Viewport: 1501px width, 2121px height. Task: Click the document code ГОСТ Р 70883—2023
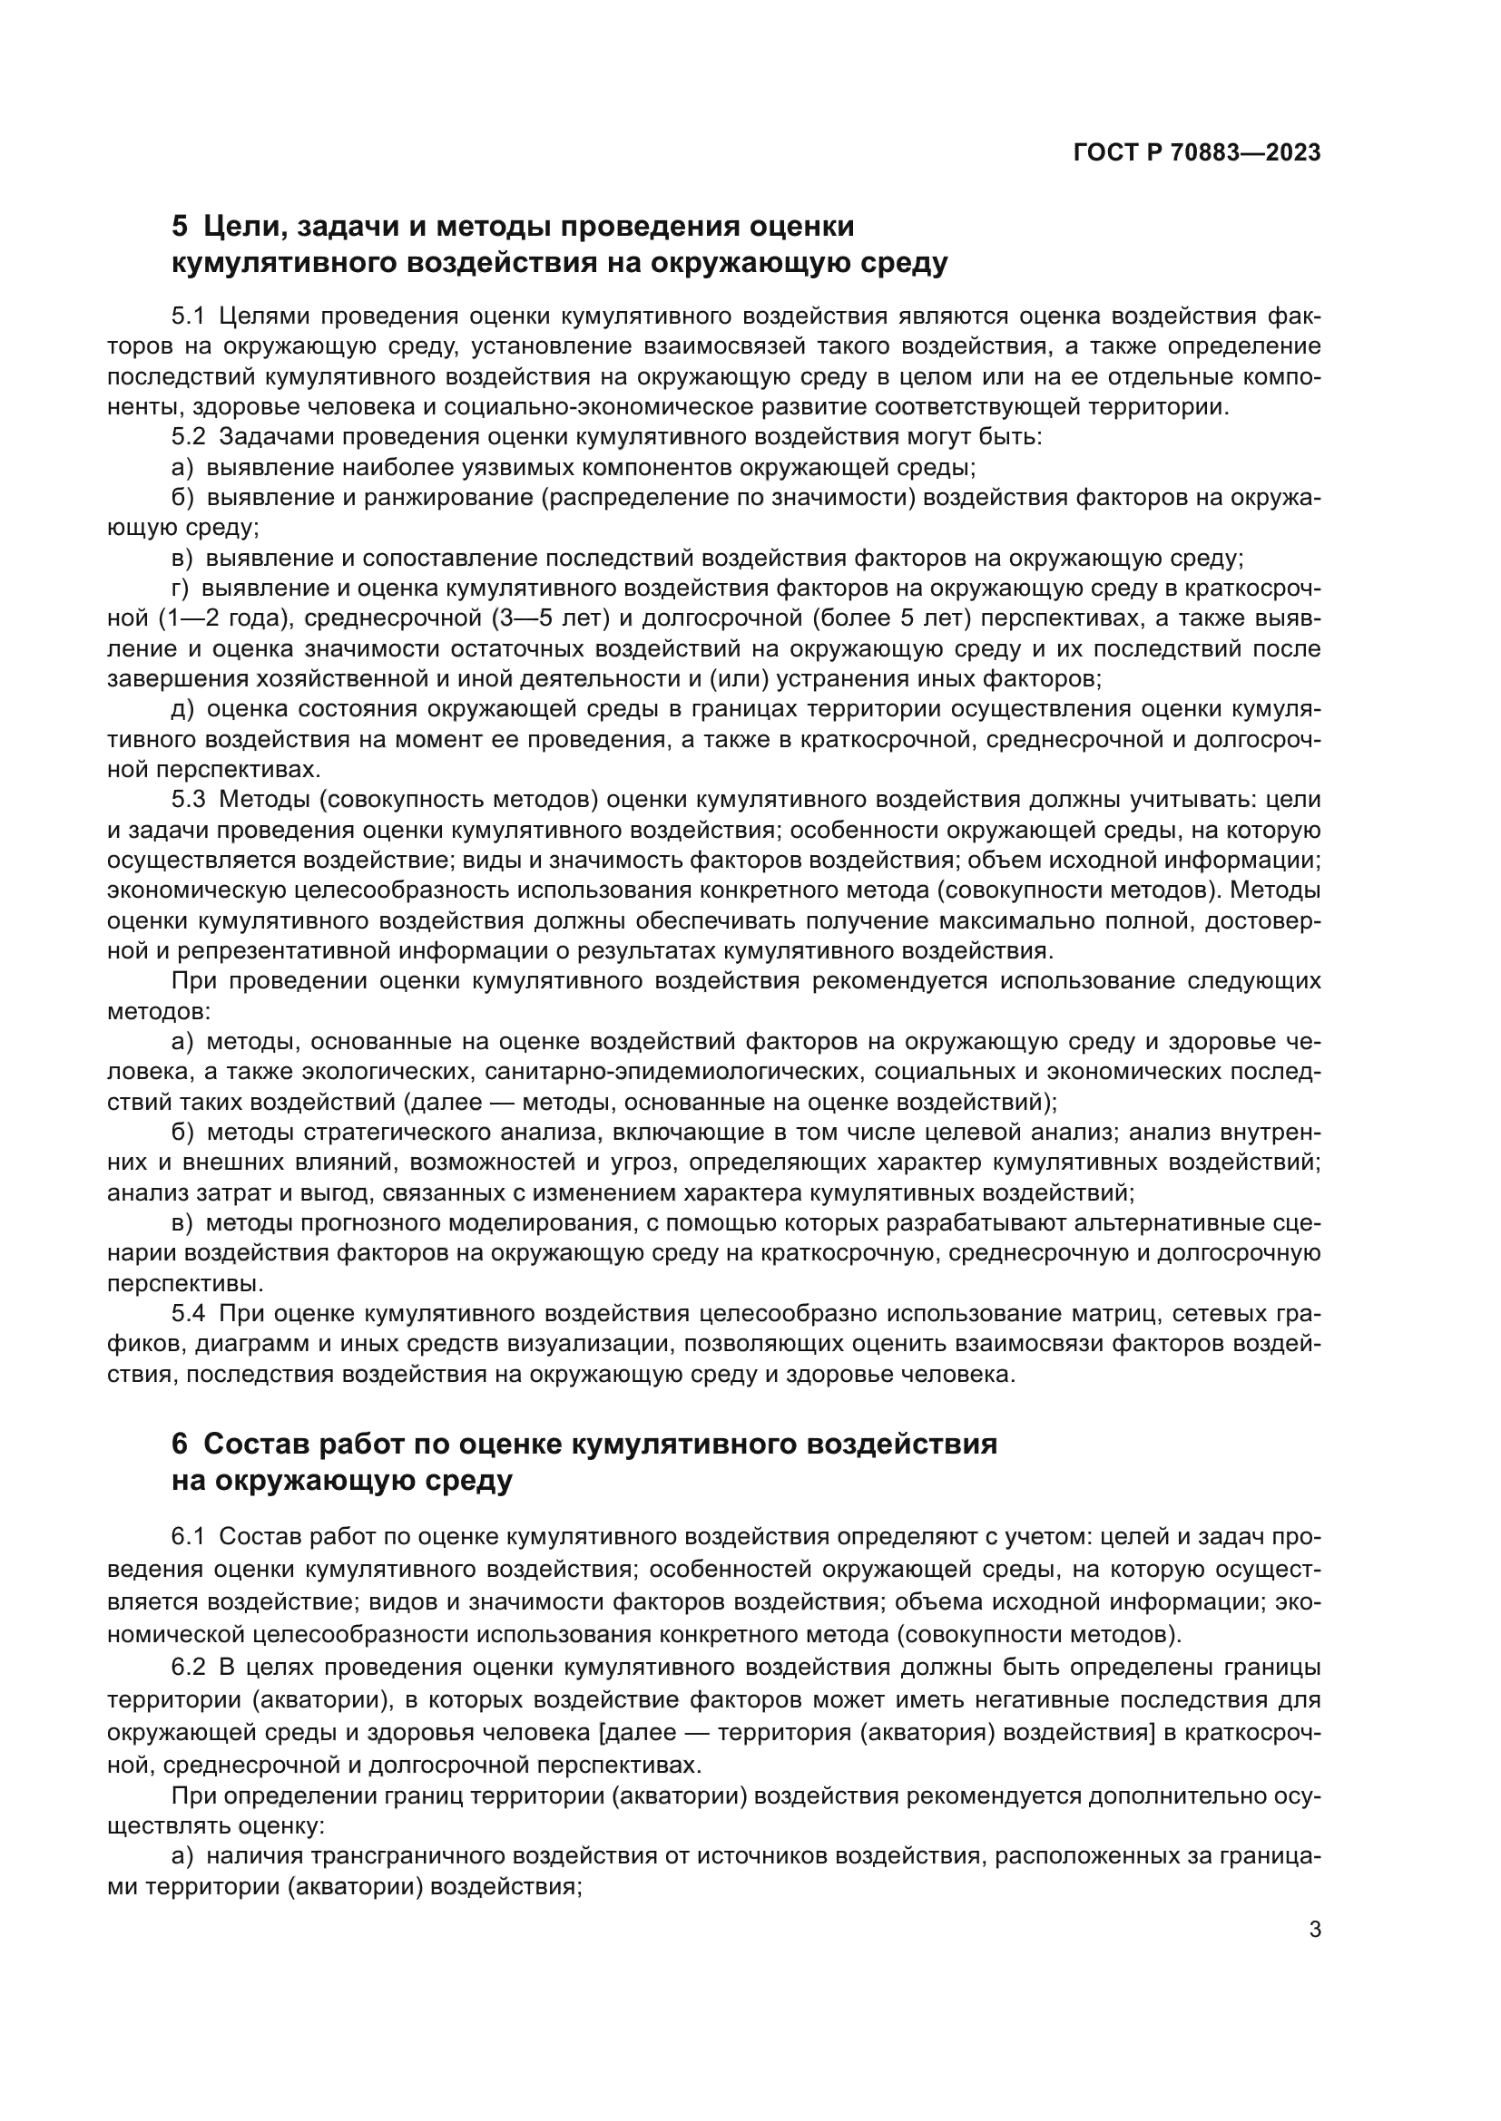[1197, 153]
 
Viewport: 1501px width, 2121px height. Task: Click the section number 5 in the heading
[180, 227]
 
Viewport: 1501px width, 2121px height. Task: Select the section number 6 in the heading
[180, 1444]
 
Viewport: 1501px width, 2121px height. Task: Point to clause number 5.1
[188, 316]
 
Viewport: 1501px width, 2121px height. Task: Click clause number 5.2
[188, 437]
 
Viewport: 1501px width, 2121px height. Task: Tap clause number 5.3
[188, 800]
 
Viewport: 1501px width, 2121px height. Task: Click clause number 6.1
[188, 1537]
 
